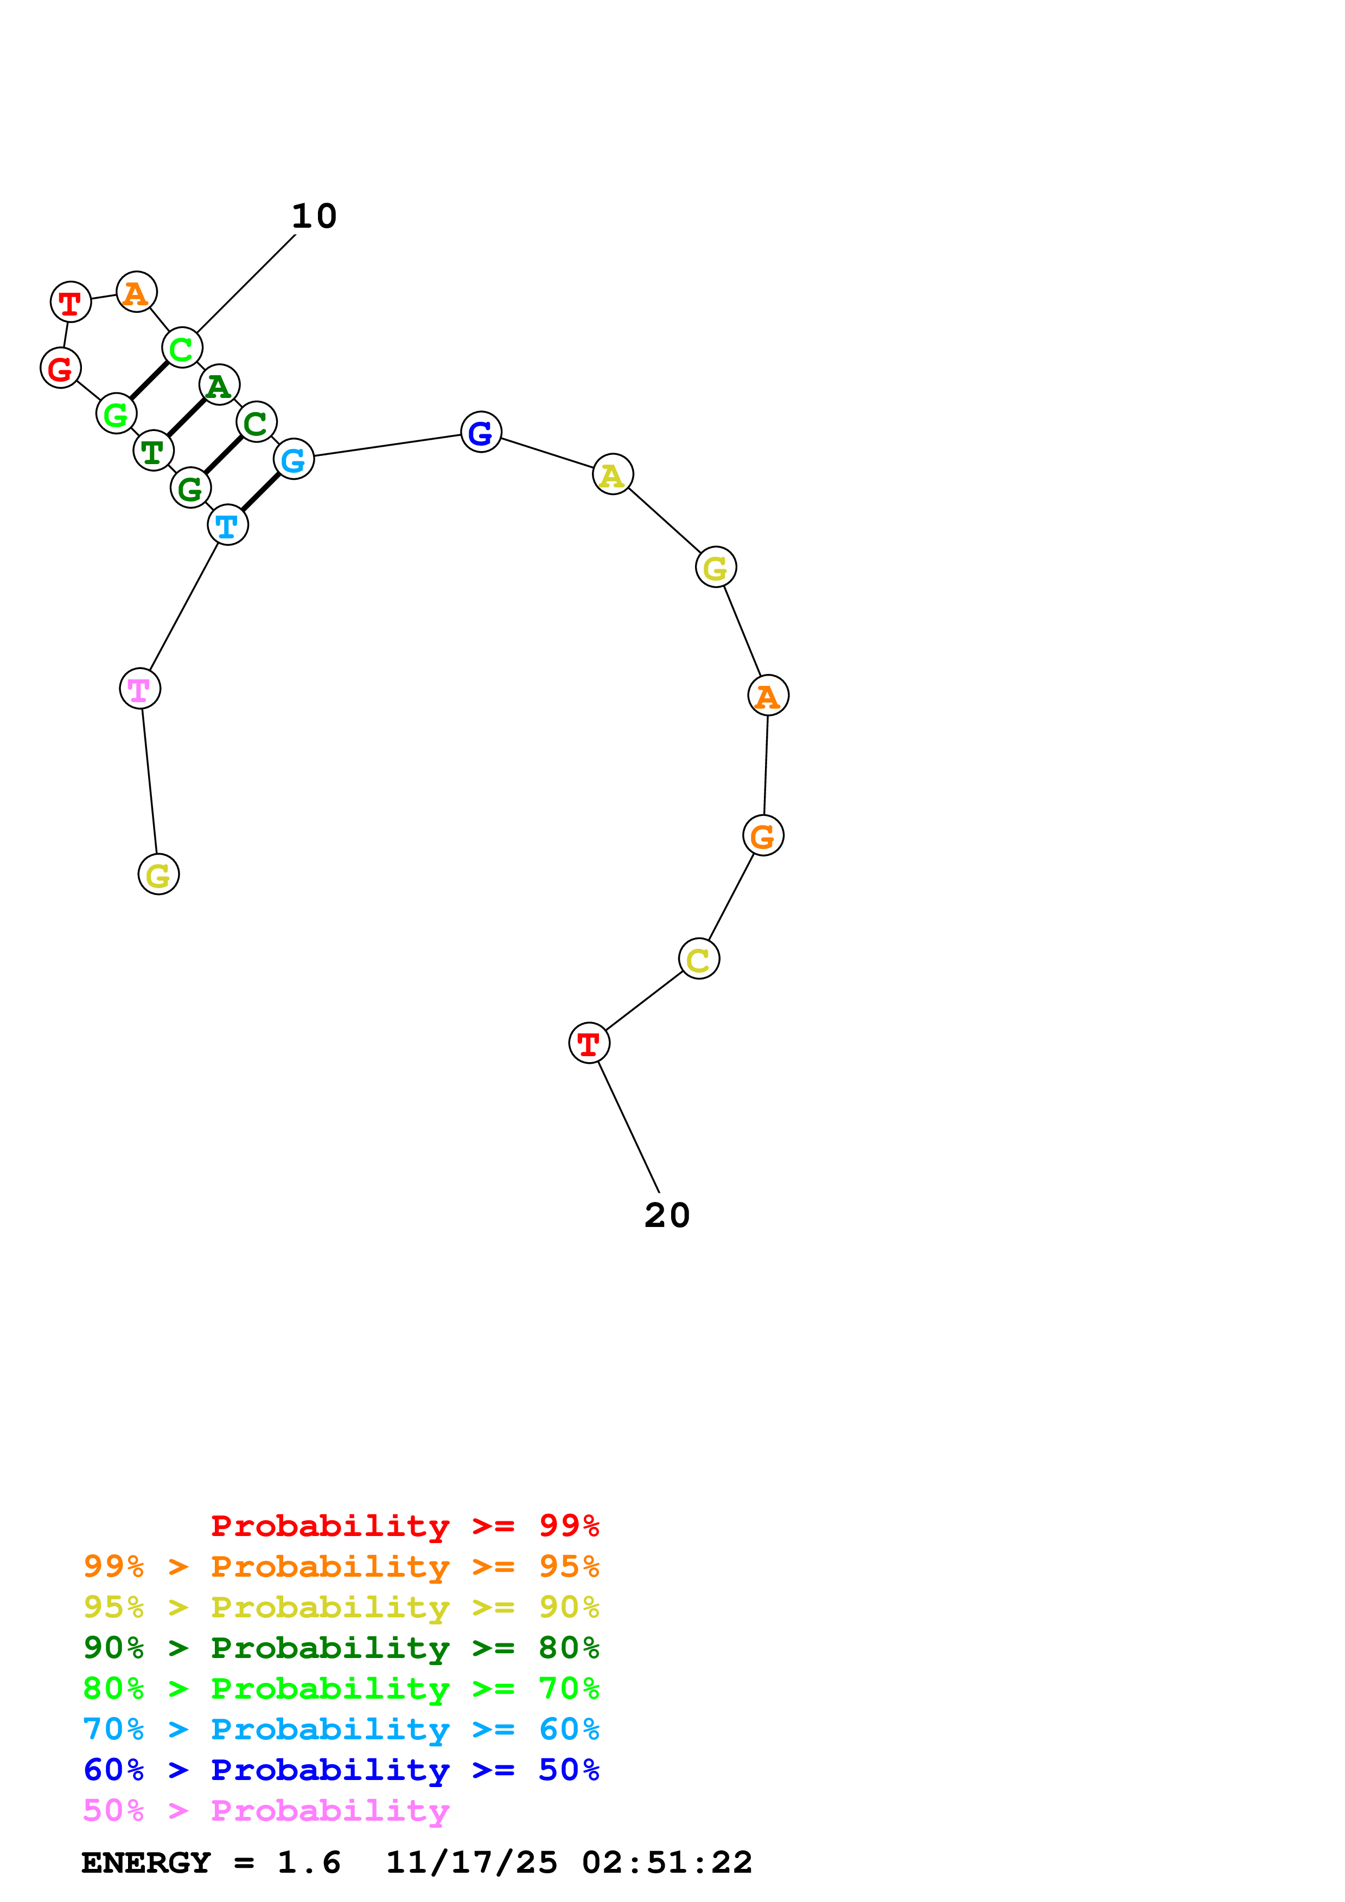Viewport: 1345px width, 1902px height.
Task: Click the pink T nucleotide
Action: pyautogui.click(x=140, y=689)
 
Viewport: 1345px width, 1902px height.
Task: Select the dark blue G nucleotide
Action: pyautogui.click(x=481, y=432)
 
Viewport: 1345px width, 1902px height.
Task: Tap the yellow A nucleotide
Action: pyautogui.click(x=613, y=474)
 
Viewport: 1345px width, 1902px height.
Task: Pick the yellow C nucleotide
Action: pyautogui.click(x=699, y=959)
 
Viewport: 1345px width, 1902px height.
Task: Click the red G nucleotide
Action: pyautogui.click(x=61, y=368)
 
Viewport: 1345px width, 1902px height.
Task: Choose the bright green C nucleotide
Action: pyautogui.click(x=182, y=348)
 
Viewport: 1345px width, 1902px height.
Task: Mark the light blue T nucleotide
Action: pyautogui.click(x=228, y=525)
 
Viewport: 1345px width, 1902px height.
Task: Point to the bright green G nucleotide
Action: pyautogui.click(x=116, y=413)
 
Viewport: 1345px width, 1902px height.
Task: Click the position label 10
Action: pyautogui.click(x=314, y=216)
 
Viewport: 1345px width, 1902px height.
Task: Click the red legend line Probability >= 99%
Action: pyautogui.click(x=404, y=1525)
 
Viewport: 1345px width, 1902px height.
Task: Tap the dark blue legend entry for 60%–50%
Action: pyautogui.click(x=341, y=1770)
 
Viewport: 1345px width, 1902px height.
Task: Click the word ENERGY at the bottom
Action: pyautogui.click(x=146, y=1863)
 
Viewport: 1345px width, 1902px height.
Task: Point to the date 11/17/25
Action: pyautogui.click(x=471, y=1863)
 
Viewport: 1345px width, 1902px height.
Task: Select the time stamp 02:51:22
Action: pyautogui.click(x=667, y=1863)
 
